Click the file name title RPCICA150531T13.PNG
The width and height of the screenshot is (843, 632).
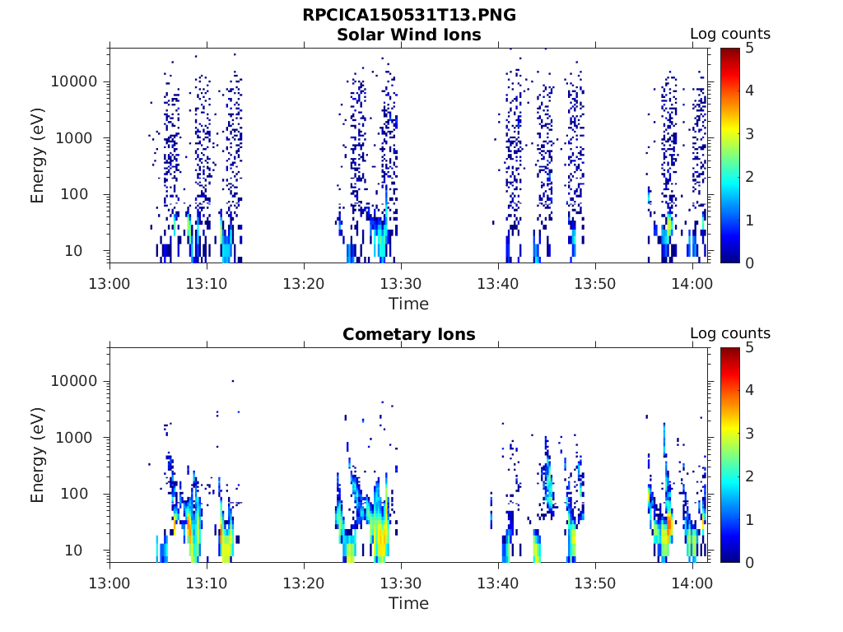pos(409,15)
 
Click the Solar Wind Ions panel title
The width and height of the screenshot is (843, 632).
pos(409,35)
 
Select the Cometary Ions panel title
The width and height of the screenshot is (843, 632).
pos(409,334)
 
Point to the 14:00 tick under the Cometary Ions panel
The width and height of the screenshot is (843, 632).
pos(692,583)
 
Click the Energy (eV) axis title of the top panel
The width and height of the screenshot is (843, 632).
pos(38,156)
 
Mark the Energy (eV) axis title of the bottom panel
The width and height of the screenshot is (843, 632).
pos(38,455)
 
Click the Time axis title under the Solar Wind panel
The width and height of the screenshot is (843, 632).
pos(409,304)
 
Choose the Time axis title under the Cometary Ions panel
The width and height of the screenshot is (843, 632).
pos(409,603)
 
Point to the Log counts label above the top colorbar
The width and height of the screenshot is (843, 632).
pos(729,34)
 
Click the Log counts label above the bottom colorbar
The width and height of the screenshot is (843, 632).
pos(729,333)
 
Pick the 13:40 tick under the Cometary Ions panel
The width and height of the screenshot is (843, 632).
pos(498,583)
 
